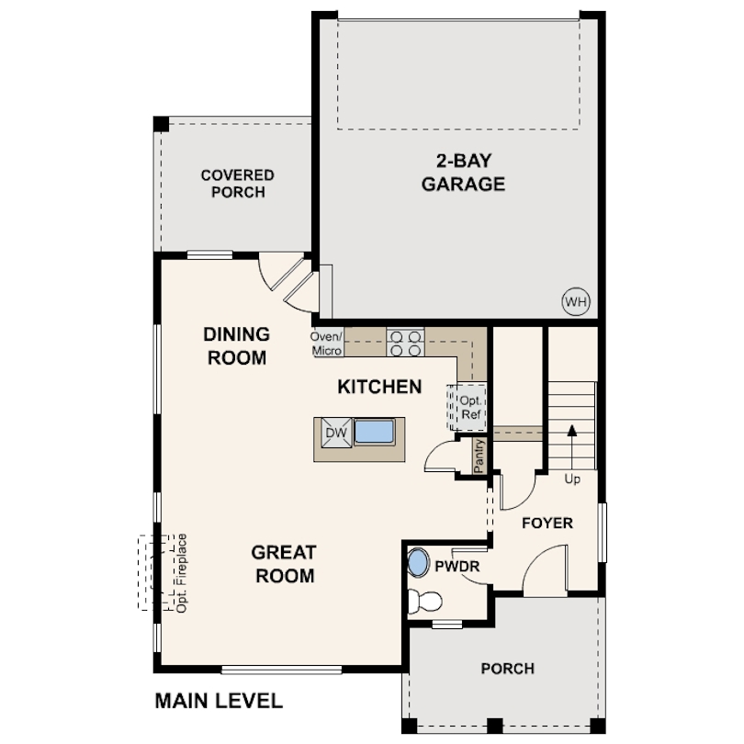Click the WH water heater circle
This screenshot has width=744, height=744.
tap(576, 301)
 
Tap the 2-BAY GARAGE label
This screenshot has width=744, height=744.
tap(463, 173)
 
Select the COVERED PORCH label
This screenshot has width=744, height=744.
tap(237, 184)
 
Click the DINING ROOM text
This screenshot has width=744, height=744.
tap(236, 346)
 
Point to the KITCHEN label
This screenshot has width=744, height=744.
tap(379, 387)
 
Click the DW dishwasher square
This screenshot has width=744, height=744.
tap(336, 433)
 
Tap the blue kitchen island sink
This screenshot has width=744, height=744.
tap(375, 432)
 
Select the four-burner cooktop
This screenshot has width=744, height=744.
tap(405, 344)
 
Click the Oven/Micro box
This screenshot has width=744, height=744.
tap(327, 344)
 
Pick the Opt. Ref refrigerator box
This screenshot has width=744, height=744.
tap(468, 407)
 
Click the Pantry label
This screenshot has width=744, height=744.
tap(479, 456)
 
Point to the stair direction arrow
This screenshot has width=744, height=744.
tap(572, 447)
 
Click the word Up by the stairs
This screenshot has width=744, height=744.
tap(572, 479)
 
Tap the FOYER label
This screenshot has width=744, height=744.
tap(547, 523)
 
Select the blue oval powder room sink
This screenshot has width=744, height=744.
tap(418, 563)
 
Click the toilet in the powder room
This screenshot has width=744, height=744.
tap(424, 602)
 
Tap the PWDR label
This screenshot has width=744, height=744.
tap(457, 566)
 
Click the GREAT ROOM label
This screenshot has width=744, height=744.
tap(284, 564)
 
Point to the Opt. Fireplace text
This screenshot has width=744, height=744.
tap(181, 574)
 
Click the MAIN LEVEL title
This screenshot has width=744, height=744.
tap(219, 701)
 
